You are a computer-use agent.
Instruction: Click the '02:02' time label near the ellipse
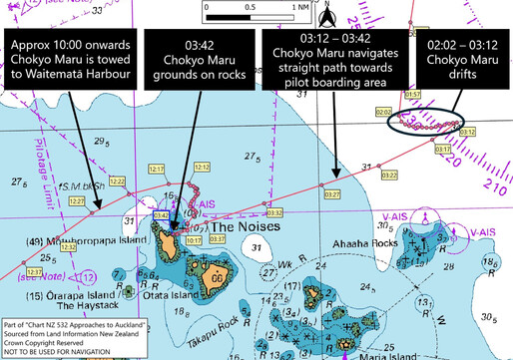384,112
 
